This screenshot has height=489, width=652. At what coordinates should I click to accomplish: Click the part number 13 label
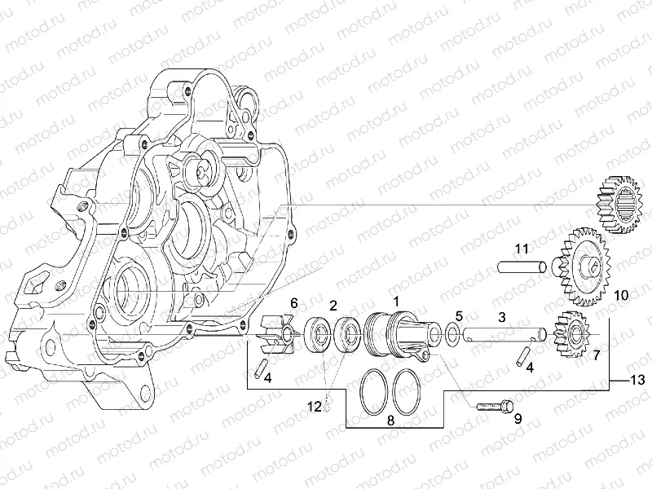(x=638, y=380)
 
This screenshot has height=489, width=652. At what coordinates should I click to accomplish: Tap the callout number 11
(x=522, y=249)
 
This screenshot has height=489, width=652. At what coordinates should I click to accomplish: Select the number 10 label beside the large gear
(x=622, y=296)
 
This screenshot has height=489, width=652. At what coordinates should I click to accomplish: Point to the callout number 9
(x=518, y=418)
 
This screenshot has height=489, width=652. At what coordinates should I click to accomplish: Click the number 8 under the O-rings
(x=390, y=421)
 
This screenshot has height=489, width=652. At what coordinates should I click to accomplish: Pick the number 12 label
(x=315, y=406)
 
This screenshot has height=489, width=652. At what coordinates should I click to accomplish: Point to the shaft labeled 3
(x=504, y=335)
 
